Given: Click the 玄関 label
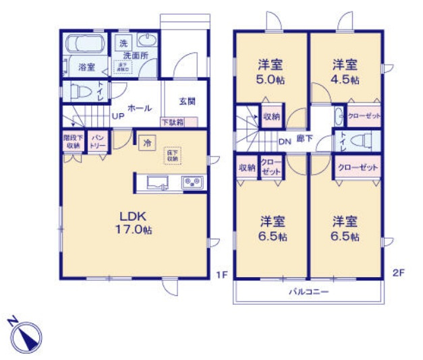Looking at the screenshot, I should click(x=187, y=102).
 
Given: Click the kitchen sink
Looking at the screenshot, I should click(x=159, y=182).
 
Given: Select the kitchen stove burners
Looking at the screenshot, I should click(x=192, y=182).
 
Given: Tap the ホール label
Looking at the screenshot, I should click(x=139, y=108).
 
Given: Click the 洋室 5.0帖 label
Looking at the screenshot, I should click(x=271, y=71).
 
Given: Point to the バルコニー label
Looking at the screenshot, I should click(x=308, y=292).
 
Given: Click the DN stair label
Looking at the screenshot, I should click(x=284, y=141).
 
